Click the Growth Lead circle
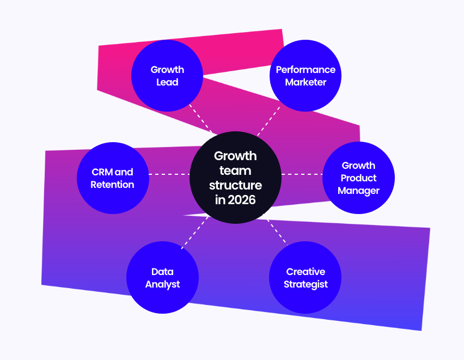167,76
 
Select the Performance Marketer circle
306,76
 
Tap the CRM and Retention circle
112,178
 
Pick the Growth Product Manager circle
358,178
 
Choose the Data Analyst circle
162,278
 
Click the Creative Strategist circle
306,278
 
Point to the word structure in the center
235,185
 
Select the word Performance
306,70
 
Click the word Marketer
306,82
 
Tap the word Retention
112,185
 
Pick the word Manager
358,191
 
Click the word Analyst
162,284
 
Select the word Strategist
306,284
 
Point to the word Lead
167,82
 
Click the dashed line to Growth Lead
201,118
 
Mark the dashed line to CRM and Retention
169,174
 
